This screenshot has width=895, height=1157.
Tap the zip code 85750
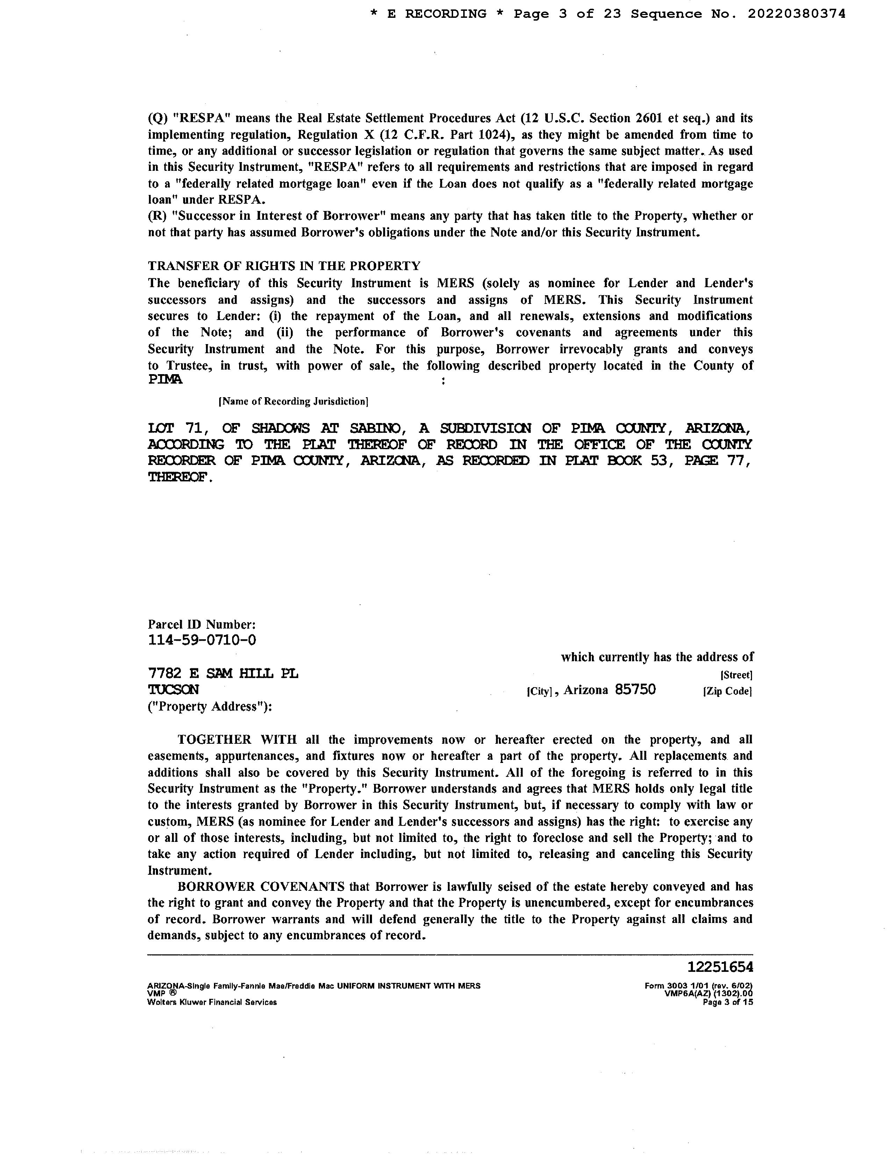coord(635,689)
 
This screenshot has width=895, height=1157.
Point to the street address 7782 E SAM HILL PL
coord(223,673)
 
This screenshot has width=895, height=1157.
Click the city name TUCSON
coord(173,690)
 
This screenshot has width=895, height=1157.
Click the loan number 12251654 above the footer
coord(720,967)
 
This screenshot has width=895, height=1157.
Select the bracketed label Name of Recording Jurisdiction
coord(293,401)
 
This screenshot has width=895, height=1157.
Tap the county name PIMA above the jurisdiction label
coord(165,380)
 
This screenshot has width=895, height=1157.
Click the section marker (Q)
coord(157,118)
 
